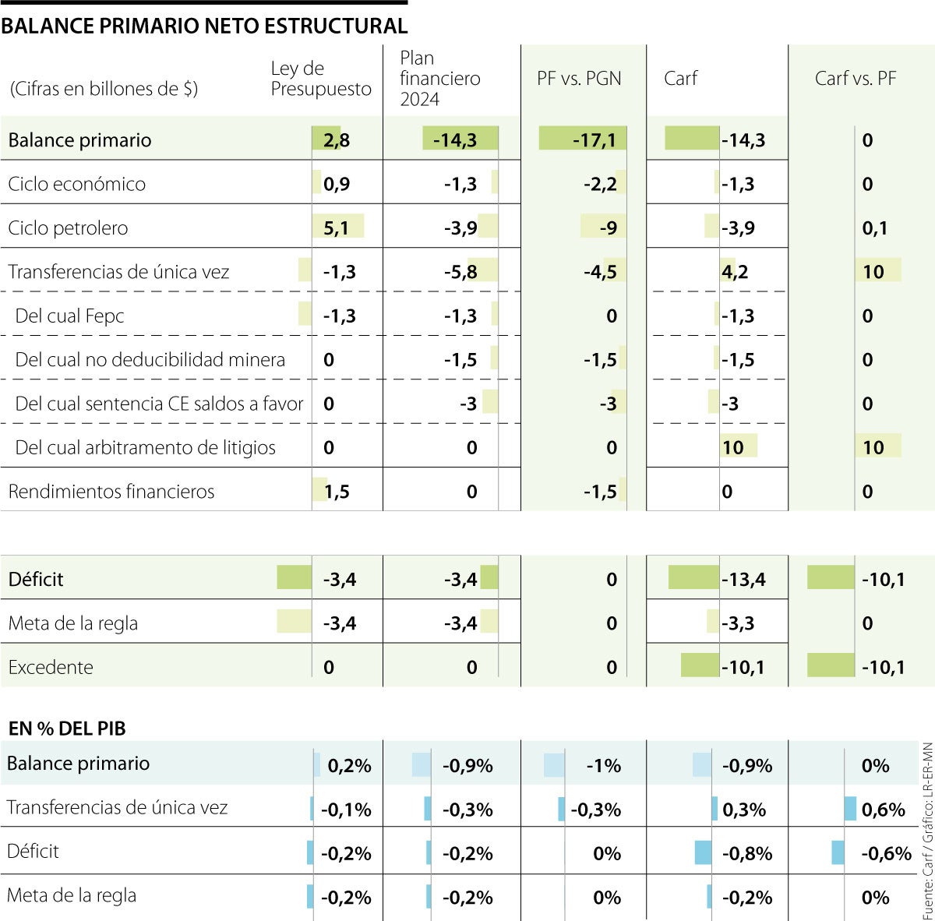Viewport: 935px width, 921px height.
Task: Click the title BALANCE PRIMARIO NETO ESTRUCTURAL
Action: pos(204,26)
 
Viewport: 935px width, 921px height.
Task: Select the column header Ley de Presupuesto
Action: pos(320,79)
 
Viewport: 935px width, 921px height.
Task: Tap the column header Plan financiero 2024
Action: pos(439,79)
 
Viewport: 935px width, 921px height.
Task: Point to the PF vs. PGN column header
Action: pos(579,79)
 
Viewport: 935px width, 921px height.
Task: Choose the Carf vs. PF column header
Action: pos(855,79)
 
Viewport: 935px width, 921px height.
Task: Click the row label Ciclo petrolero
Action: pos(68,228)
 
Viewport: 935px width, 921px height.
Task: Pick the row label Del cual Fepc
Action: pos(69,316)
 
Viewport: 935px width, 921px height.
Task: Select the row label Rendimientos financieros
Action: pos(111,492)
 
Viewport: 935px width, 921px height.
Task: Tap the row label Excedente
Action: pos(50,668)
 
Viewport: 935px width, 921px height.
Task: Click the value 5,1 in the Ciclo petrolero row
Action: pos(336,228)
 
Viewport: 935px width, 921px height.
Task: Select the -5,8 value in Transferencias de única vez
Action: pos(460,272)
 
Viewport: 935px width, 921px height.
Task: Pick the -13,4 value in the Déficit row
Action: pos(743,580)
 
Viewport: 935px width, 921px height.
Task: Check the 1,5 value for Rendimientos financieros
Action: pos(336,492)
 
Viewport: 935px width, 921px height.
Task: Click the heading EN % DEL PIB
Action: pos(67,729)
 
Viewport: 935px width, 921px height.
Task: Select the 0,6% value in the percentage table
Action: pos(884,810)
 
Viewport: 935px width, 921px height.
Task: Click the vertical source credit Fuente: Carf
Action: pos(926,830)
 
